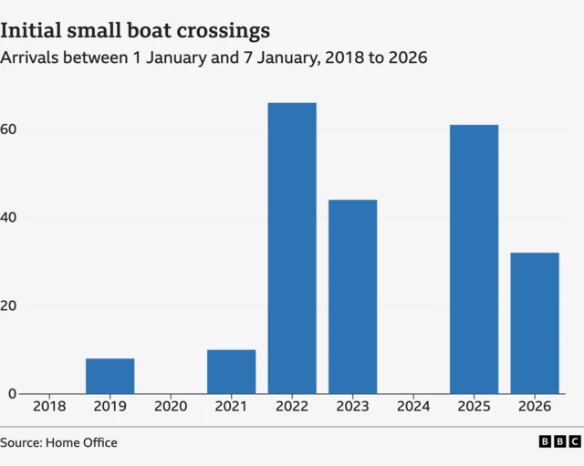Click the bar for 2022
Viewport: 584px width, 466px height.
click(292, 248)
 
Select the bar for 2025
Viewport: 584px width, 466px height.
click(474, 259)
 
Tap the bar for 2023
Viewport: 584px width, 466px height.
click(352, 296)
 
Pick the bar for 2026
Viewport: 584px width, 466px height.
click(535, 323)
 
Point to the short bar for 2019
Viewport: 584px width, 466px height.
click(109, 376)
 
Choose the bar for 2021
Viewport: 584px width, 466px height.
click(231, 371)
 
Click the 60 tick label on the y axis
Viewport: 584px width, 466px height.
click(10, 129)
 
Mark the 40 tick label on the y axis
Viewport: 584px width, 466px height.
click(10, 218)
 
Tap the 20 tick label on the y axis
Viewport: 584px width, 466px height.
click(10, 305)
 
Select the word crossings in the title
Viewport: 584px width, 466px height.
click(224, 31)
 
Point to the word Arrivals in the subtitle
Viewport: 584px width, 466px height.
click(30, 57)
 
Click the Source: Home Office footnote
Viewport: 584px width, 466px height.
click(59, 443)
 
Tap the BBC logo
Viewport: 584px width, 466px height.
click(558, 442)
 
